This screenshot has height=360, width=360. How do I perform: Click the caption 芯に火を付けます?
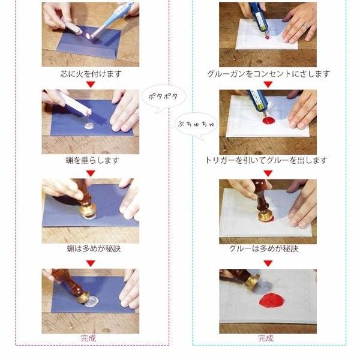(x=91, y=74)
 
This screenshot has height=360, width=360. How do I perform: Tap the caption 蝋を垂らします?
(x=92, y=160)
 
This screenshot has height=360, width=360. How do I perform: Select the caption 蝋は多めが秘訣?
(x=94, y=248)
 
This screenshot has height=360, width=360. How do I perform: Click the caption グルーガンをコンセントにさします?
(x=268, y=74)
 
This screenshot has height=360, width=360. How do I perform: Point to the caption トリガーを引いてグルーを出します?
(x=266, y=160)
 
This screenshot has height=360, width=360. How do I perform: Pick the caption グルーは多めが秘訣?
(x=264, y=248)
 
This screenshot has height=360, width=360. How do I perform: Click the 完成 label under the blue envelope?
(x=88, y=338)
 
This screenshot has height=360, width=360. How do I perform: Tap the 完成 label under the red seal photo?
(x=266, y=338)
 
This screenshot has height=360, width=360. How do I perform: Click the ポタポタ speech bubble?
(x=163, y=97)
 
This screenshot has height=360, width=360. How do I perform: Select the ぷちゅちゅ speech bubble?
(x=196, y=125)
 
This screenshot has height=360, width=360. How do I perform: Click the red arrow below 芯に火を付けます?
(x=91, y=84)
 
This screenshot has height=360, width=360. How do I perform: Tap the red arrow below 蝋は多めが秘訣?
(x=91, y=263)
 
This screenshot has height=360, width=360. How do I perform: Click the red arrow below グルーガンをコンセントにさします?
(x=268, y=84)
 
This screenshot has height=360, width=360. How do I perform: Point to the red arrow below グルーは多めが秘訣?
(x=268, y=263)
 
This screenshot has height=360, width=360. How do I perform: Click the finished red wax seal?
(x=272, y=300)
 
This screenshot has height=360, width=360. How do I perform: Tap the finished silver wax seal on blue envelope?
(x=92, y=301)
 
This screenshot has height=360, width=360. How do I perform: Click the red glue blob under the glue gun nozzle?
(x=268, y=120)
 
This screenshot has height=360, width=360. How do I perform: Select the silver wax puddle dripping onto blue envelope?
(x=89, y=125)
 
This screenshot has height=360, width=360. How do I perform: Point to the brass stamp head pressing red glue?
(x=265, y=215)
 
